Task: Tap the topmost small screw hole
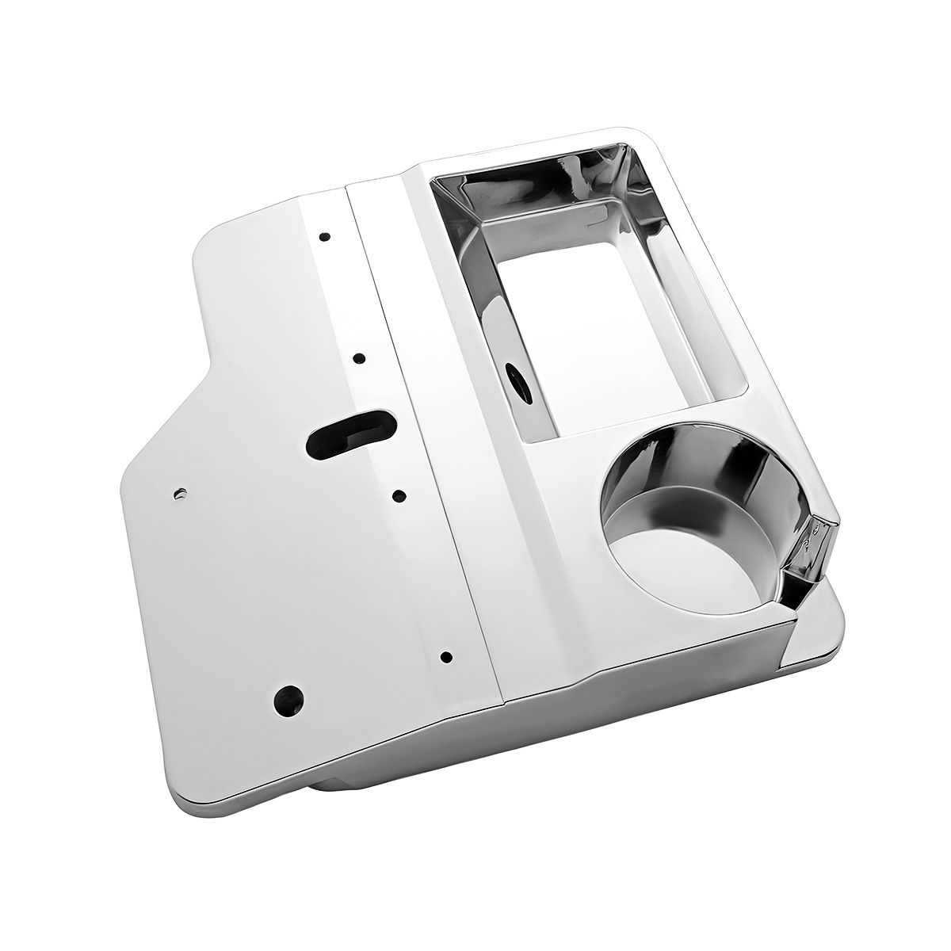tap(324, 236)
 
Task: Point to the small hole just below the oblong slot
tap(399, 497)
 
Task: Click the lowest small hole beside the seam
tap(446, 656)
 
